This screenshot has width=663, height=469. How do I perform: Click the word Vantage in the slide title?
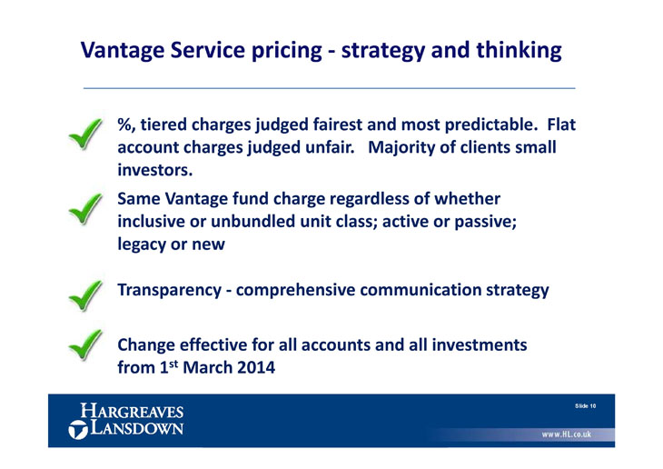click(x=122, y=51)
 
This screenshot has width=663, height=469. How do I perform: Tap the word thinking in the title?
click(x=519, y=51)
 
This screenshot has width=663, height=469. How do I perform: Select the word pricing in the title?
click(x=286, y=51)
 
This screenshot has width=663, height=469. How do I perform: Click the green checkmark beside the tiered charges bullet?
click(x=85, y=134)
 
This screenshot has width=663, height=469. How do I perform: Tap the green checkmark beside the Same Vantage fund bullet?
click(x=85, y=209)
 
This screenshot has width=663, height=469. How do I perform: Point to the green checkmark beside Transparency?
click(x=85, y=295)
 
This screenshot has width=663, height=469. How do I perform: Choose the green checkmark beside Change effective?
click(x=85, y=345)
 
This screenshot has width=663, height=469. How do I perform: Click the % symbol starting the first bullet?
click(x=124, y=125)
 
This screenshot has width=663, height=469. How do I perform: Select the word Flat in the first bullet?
click(x=561, y=125)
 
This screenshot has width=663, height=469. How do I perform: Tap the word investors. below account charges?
click(x=154, y=170)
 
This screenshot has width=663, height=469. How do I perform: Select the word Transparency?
click(x=169, y=290)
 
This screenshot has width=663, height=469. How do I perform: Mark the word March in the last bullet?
click(x=207, y=367)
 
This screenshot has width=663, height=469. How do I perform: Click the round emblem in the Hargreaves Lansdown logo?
click(x=77, y=430)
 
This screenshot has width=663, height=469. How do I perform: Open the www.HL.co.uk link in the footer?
click(x=566, y=434)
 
